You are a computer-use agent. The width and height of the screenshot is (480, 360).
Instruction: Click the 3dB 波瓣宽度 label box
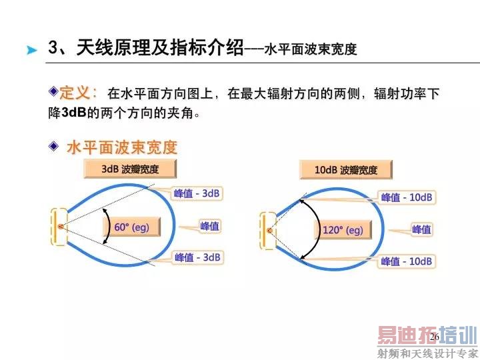[x=130, y=169]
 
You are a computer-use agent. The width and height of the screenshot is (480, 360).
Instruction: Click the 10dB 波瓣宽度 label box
[x=345, y=170]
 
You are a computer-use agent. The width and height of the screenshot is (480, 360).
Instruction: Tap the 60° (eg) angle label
[x=131, y=227]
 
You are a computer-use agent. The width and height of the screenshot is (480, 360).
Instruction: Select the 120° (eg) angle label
[x=342, y=231]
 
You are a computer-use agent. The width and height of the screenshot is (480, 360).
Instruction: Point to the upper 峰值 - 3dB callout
[x=197, y=193]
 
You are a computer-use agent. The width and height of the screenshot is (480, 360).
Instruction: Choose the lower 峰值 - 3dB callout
[x=197, y=257]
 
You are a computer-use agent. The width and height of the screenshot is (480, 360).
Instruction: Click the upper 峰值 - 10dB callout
[x=407, y=197]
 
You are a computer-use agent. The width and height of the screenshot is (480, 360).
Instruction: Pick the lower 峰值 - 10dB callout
[x=407, y=261]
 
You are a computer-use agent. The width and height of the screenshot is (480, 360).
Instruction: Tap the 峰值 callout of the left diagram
[x=210, y=226]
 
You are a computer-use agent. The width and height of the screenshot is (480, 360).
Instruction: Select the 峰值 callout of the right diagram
[x=421, y=229]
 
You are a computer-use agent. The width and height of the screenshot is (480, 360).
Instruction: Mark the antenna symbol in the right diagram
[x=269, y=231]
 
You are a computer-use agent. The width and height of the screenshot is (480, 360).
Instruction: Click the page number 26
[x=434, y=337]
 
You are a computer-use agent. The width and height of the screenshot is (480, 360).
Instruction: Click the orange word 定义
[x=79, y=93]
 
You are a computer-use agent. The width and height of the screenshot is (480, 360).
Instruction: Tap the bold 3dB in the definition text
[x=74, y=113]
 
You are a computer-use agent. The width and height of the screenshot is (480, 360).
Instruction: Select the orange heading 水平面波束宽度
[x=121, y=147]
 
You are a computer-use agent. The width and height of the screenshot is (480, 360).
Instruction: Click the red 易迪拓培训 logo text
[x=427, y=335]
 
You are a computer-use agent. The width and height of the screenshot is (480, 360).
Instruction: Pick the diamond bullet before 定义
[x=53, y=90]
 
